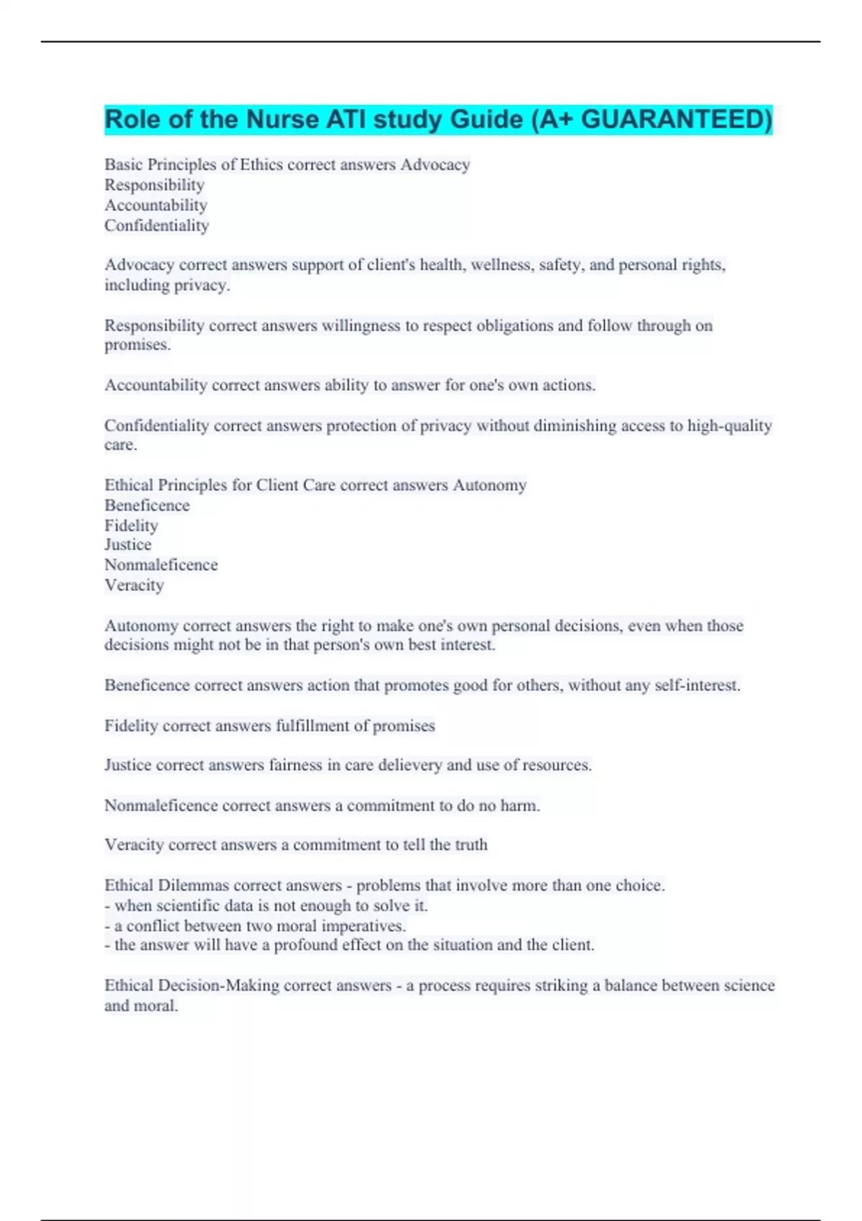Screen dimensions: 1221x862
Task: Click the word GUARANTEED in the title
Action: [676, 119]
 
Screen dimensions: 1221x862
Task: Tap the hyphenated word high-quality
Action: [729, 425]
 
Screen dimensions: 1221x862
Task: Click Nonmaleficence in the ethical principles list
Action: [161, 565]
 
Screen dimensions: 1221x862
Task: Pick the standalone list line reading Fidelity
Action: [131, 526]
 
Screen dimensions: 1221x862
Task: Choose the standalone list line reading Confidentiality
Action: [157, 226]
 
